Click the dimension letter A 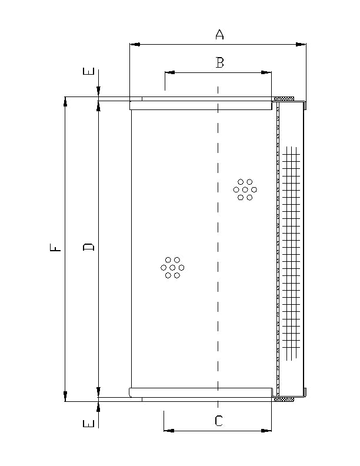point(219,35)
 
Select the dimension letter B point(219,62)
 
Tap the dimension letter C point(218,421)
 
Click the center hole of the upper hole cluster point(245,189)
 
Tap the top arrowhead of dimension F point(65,102)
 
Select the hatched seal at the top point(284,98)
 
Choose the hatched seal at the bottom point(284,400)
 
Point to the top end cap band point(201,105)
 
